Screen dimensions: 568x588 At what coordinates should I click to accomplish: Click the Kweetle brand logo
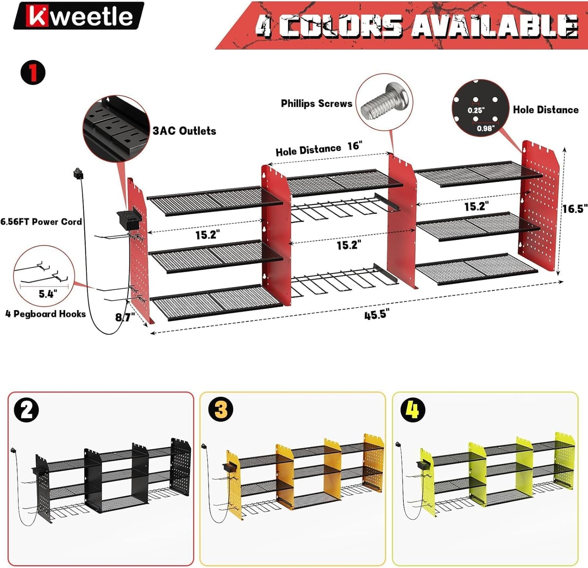79,16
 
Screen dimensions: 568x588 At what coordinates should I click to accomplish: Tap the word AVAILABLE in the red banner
494,26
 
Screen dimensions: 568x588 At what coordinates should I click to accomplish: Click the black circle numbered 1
33,73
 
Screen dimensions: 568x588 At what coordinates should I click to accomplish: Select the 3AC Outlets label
184,131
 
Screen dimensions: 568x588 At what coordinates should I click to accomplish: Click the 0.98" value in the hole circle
485,129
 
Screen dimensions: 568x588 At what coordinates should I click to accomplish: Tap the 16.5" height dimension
575,209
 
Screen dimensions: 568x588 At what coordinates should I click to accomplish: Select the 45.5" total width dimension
376,315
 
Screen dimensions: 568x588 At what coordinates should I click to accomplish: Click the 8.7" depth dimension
125,317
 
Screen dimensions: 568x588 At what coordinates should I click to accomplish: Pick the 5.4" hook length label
48,294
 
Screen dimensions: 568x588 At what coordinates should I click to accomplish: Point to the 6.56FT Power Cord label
41,222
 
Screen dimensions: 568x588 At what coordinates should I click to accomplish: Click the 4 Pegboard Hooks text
46,314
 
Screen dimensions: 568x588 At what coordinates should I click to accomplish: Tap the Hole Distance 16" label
319,149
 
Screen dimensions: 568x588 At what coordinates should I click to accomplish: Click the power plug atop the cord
78,174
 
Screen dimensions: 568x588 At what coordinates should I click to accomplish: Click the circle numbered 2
26,410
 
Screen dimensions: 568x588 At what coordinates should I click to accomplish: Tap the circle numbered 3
221,410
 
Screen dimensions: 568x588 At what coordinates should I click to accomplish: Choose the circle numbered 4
413,410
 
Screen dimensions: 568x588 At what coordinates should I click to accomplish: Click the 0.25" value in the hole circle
476,110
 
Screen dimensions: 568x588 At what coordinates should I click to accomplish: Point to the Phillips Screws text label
317,104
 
